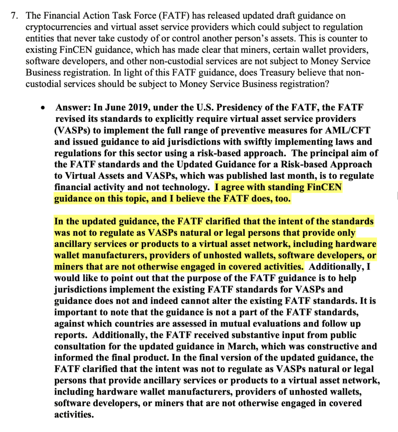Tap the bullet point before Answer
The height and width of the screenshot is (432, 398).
click(x=44, y=108)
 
